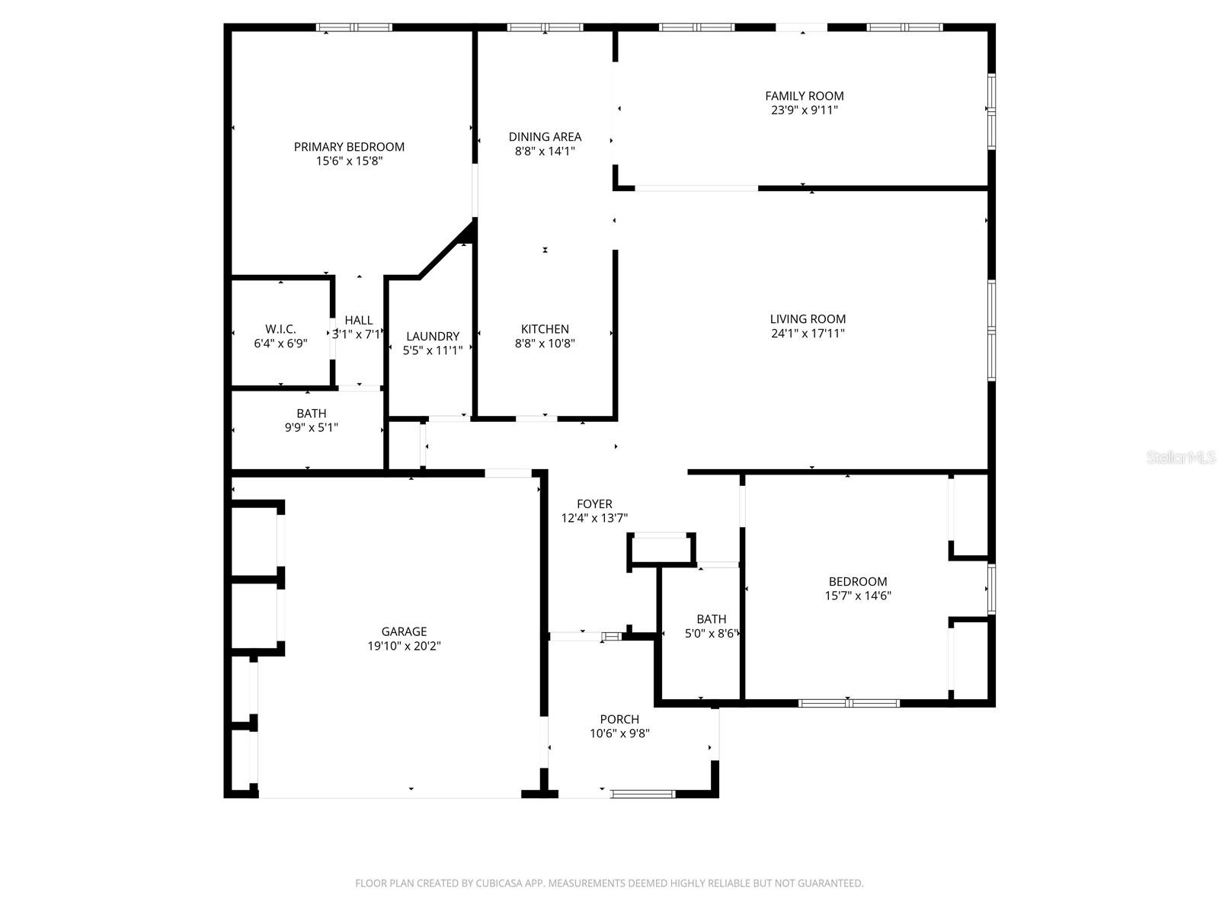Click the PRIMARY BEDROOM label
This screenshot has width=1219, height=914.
tap(349, 147)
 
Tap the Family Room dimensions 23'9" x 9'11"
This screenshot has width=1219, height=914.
tap(805, 110)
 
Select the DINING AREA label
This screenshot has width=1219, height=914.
tap(545, 137)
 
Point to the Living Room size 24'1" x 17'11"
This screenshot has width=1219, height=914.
tap(808, 334)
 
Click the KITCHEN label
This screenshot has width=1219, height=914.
tap(545, 329)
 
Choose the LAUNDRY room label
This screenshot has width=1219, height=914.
tap(433, 337)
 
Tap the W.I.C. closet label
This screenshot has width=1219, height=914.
tap(280, 329)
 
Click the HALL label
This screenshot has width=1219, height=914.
tap(359, 321)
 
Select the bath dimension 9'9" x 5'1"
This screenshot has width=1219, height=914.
tap(311, 428)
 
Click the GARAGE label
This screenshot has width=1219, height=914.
tap(404, 631)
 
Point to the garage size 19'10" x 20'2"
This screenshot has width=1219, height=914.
tap(404, 646)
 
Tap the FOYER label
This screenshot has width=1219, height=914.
tap(594, 504)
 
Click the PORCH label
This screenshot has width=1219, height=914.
tap(619, 719)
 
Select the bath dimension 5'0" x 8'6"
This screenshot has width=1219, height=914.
tap(712, 634)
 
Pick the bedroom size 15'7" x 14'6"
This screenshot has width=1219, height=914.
tap(858, 596)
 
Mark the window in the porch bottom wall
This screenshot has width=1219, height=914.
tap(643, 794)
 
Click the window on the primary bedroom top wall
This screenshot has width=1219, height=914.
tap(354, 27)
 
